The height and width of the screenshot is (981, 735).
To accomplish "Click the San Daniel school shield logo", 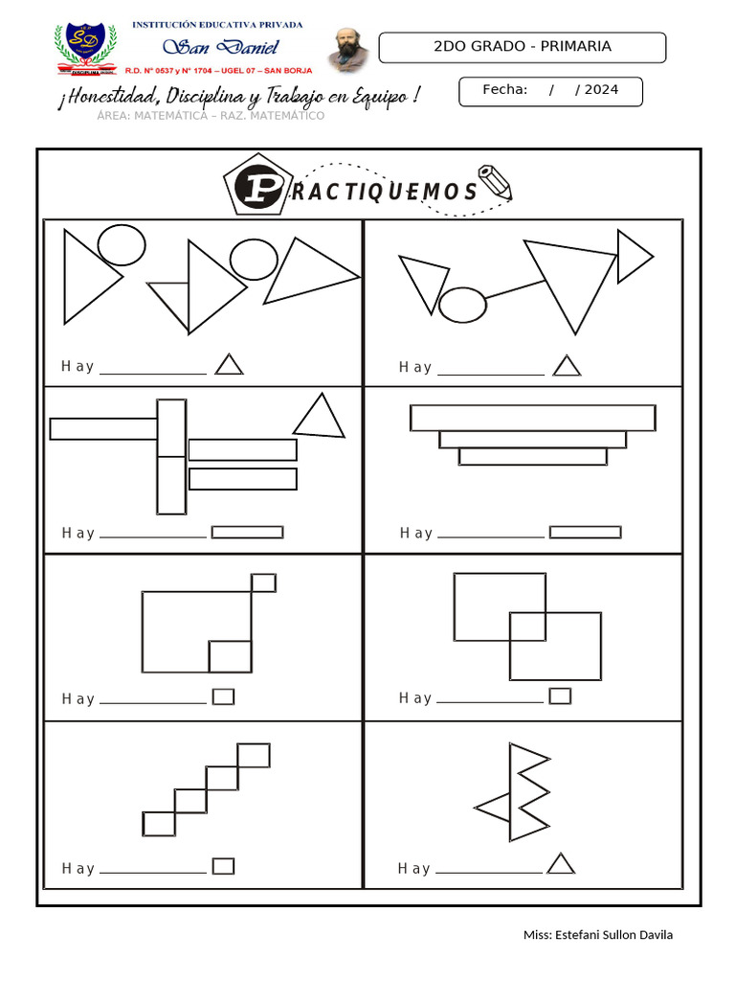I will (86, 48).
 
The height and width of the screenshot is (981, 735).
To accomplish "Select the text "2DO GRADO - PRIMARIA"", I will (523, 46).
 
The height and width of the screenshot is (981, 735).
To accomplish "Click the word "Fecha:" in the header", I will (505, 90).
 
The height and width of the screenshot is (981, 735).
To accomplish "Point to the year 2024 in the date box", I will (601, 90).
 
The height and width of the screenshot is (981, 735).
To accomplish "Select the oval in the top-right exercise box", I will (462, 304).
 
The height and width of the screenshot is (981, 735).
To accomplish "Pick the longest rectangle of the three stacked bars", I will (533, 418).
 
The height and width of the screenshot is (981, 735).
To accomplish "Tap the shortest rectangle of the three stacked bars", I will (533, 457).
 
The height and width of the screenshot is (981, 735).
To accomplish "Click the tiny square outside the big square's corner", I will (263, 582).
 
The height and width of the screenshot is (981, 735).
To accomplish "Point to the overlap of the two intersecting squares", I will (527, 626).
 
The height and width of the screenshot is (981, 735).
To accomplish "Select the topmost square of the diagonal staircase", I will (254, 755).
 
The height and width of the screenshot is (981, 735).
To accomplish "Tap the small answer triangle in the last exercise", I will (561, 865).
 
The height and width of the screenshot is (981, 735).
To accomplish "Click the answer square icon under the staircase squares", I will (223, 866).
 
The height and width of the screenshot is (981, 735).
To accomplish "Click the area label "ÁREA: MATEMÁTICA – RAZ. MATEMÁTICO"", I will (211, 116).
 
